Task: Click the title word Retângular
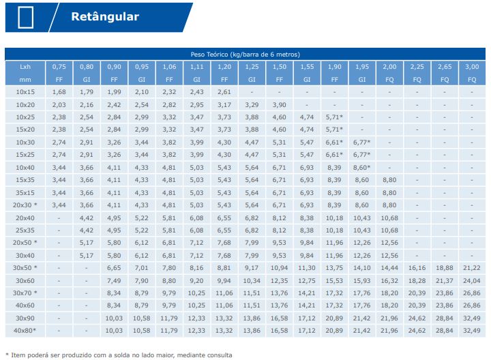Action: [x=105, y=17]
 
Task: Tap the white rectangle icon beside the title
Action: [x=26, y=17]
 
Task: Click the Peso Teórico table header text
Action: [x=245, y=54]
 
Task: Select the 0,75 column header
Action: [x=59, y=67]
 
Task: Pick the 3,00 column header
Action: [x=472, y=67]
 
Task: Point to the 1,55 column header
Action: [x=307, y=67]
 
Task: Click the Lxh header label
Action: [x=25, y=67]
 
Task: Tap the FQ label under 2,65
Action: [x=445, y=80]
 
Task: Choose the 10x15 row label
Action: [x=25, y=92]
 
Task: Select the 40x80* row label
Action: [x=25, y=331]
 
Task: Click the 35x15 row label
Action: [x=25, y=192]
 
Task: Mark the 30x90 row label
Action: [x=25, y=318]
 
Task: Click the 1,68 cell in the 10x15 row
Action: [x=59, y=92]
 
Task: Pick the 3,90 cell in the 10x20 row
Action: [x=280, y=104]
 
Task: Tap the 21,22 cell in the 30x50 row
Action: [x=472, y=268]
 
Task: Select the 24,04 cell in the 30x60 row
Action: [x=472, y=280]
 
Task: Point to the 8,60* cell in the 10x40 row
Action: [x=362, y=167]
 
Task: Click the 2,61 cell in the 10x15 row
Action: [x=224, y=92]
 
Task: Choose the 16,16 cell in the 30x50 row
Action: [x=417, y=268]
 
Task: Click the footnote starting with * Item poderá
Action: [x=119, y=355]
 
